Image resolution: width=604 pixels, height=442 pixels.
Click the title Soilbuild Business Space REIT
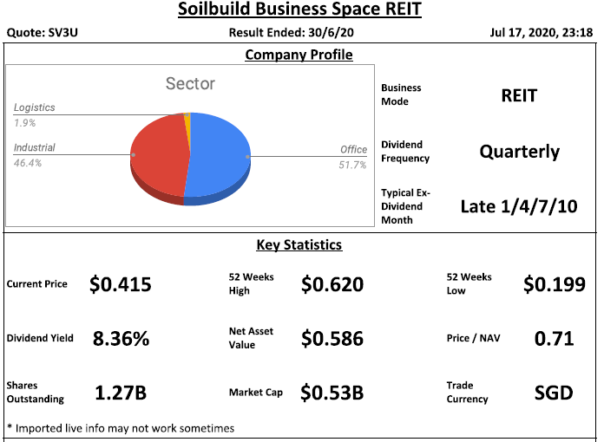pos(301,11)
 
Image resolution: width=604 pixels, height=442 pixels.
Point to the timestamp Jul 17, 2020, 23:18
pos(544,34)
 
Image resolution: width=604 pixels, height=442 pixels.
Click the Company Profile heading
pos(299,55)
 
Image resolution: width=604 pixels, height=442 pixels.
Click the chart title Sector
pos(190,84)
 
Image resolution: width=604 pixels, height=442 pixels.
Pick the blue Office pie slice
pos(220,152)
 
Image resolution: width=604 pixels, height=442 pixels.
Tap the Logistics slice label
pos(34,107)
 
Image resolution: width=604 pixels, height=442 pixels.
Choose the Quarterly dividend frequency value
pos(519,152)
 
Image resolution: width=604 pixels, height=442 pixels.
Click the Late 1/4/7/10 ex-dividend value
pos(518,206)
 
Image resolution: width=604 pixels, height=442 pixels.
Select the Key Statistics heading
pos(299,244)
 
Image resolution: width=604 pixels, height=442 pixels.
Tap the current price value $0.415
pos(121,284)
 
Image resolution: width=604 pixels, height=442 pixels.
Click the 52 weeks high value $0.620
pos(332,284)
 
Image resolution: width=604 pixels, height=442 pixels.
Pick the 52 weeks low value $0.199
pos(554,284)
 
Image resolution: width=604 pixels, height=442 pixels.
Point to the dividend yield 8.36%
pos(121,339)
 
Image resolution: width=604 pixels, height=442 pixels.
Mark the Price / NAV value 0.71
pos(554,338)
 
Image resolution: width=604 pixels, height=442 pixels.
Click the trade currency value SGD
pos(554,393)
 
